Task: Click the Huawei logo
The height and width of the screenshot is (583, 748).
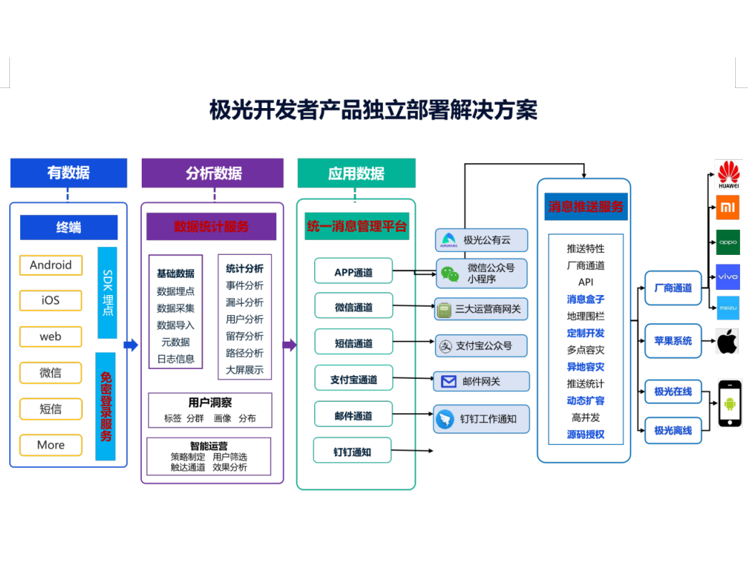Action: click(728, 175)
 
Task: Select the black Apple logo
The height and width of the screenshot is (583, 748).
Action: click(727, 341)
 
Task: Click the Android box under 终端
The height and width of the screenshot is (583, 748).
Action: click(51, 265)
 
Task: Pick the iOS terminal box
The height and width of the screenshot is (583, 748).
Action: click(51, 300)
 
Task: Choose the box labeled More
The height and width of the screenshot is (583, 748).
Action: click(51, 445)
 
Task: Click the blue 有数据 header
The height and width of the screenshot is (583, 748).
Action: click(69, 173)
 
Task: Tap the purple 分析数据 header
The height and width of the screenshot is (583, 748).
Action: click(213, 173)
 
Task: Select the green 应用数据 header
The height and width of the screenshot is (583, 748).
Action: click(356, 173)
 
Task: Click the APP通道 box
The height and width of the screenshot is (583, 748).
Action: click(354, 271)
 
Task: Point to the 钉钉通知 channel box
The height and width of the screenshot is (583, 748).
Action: click(352, 452)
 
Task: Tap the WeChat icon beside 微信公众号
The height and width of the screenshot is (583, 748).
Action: click(450, 274)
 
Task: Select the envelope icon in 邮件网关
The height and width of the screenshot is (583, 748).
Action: click(449, 382)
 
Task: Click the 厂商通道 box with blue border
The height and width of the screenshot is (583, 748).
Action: click(673, 288)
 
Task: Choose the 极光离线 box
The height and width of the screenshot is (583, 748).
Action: click(673, 430)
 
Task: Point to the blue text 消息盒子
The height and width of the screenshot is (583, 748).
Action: click(586, 299)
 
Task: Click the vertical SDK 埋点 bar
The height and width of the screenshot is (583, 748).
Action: click(107, 292)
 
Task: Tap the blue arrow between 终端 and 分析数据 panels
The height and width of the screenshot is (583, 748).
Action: click(131, 345)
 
